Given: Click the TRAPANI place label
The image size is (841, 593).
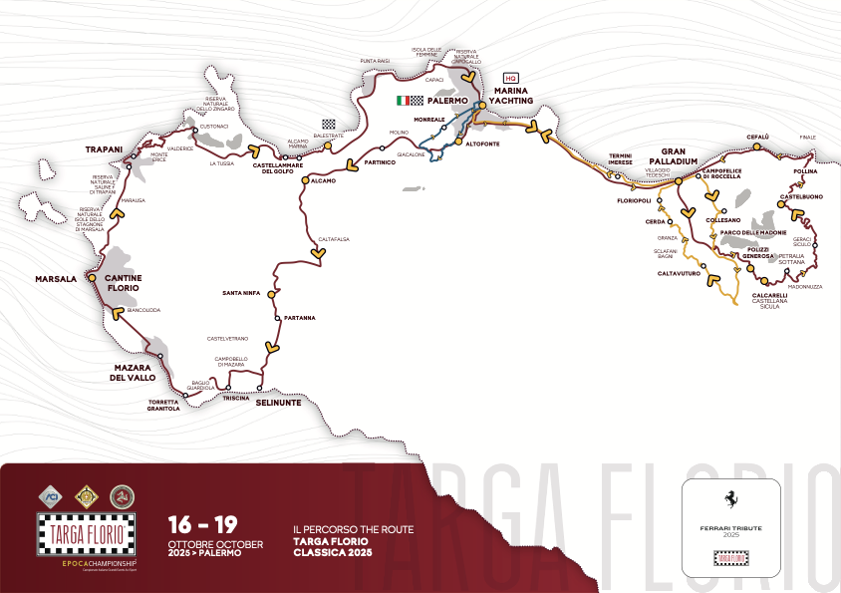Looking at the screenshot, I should pos(104,148).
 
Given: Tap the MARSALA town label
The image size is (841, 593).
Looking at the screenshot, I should pos(56,279).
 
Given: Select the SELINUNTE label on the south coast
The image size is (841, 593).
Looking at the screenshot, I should pos(277,403).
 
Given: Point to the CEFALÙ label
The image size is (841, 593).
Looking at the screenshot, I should pos(758,137).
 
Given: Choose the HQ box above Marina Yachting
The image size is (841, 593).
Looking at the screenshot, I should pos(511,77).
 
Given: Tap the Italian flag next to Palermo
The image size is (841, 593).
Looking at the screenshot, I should pos(403,101).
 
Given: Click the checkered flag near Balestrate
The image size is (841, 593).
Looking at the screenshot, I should pos(343,125).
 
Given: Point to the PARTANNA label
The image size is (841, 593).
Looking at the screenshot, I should pos(299,318).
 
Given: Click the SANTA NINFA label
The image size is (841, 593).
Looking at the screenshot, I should pos(242,293).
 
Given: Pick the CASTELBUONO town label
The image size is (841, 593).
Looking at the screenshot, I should pos(801,196).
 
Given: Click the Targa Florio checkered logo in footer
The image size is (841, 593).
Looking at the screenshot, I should pos(86,533).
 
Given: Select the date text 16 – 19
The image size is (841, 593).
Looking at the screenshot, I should pos(202,524).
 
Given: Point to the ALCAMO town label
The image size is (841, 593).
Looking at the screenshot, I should pos(323,180).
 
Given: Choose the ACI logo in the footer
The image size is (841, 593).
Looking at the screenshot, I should pos(51,495).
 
